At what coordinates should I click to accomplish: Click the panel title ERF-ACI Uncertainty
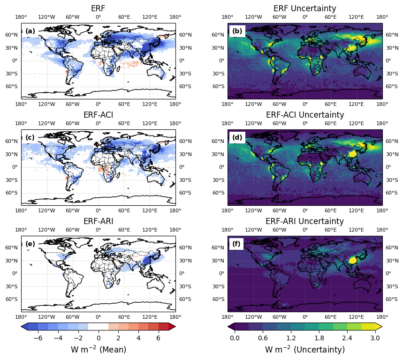click(305, 115)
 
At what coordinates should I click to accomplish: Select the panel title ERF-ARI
click(98, 221)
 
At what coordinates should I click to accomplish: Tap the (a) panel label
click(30, 31)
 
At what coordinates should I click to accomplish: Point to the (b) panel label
click(237, 31)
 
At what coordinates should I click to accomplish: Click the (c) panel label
click(30, 138)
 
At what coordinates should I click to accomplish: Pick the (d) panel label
click(237, 138)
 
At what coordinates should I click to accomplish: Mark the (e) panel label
click(30, 244)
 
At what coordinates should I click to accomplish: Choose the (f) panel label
click(237, 244)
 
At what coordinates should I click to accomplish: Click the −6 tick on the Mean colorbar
click(38, 337)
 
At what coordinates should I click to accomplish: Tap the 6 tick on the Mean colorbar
click(158, 337)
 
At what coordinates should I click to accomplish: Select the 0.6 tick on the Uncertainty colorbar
click(263, 337)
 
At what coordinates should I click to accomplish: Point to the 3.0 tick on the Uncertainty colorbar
click(375, 337)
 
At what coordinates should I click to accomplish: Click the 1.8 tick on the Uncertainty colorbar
click(319, 337)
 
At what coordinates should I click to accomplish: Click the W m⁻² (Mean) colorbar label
click(98, 350)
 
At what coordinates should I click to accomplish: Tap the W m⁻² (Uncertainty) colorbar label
click(305, 350)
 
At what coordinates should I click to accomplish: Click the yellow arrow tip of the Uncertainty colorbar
click(379, 327)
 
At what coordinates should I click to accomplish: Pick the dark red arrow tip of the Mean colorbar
click(172, 327)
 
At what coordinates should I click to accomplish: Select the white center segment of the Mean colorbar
click(98, 327)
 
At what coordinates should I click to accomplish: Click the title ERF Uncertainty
click(305, 8)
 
